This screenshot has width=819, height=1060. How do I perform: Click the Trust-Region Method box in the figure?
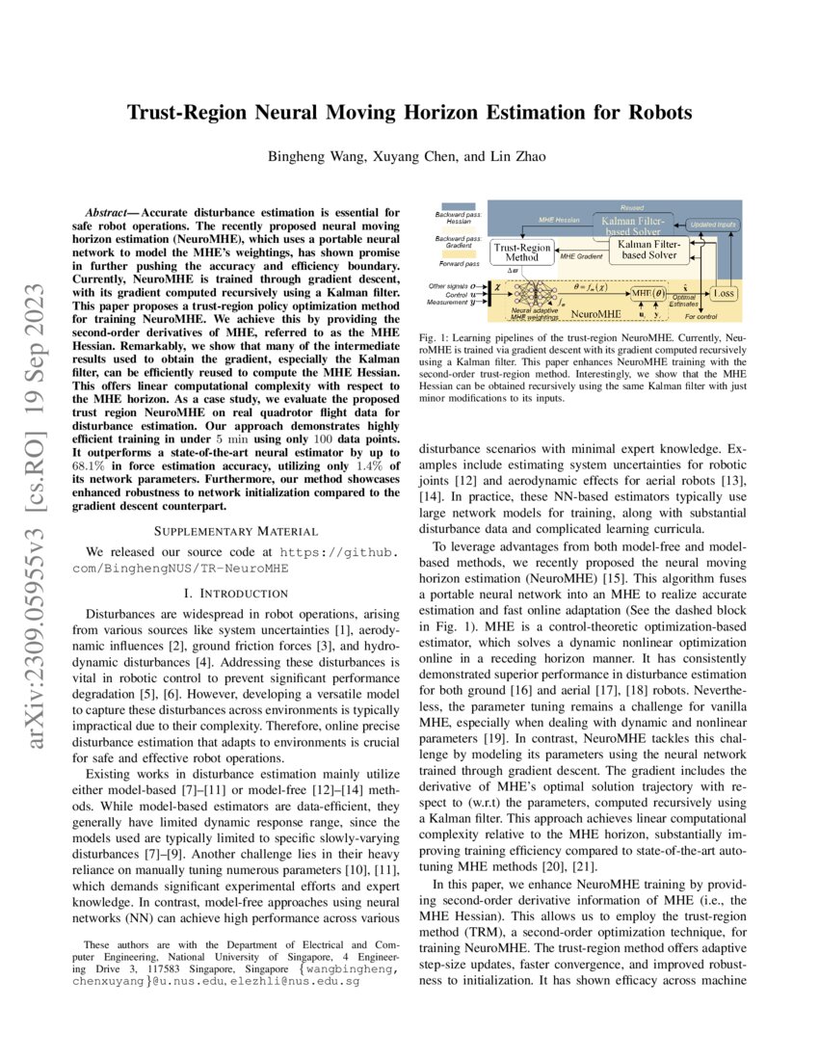522,252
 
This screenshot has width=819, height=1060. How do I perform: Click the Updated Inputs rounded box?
714,224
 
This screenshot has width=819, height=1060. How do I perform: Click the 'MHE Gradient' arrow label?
580,257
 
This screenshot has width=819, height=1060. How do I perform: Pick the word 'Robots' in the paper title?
659,113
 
